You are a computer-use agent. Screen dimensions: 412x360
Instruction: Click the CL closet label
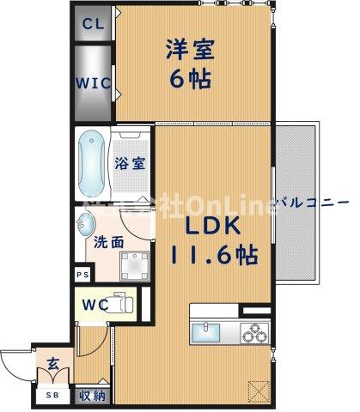pos(93,24)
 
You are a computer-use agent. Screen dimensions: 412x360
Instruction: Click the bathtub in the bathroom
pos(91,162)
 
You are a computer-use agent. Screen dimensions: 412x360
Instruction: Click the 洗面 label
pos(107,243)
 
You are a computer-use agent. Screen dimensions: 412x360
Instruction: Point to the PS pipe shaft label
pos(82,276)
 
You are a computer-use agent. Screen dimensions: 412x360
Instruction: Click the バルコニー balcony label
pos(313,203)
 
